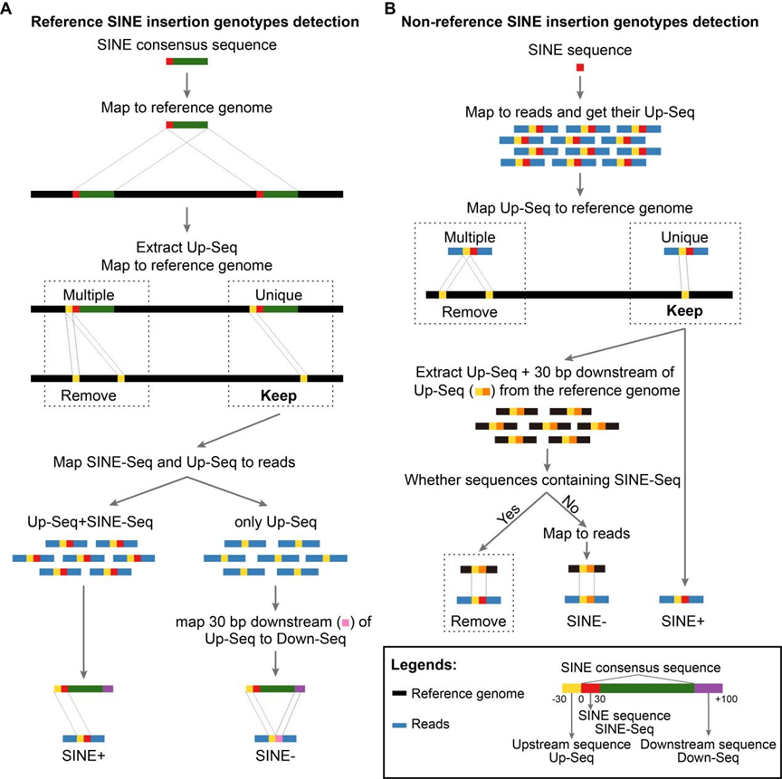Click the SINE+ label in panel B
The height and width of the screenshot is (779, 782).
[684, 623]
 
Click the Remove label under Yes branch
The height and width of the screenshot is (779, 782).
[478, 623]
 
